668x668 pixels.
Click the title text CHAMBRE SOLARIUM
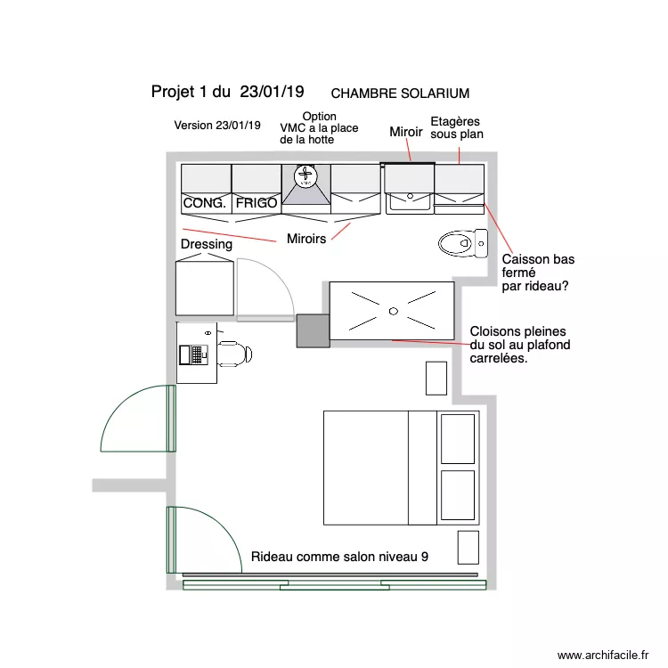[400, 93]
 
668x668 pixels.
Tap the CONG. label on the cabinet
[205, 204]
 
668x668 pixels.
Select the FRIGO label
[257, 204]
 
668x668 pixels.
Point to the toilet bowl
[456, 242]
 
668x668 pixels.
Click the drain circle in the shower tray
[393, 311]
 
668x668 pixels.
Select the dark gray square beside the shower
[313, 330]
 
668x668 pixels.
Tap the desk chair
[234, 354]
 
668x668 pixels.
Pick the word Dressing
[207, 244]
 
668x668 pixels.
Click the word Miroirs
[306, 239]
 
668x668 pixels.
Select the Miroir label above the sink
[406, 132]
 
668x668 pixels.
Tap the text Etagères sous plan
[456, 128]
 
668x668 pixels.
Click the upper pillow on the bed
[458, 437]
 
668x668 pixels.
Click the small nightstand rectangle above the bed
[436, 378]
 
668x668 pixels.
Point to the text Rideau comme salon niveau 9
[339, 557]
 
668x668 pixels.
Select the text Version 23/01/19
[217, 126]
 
